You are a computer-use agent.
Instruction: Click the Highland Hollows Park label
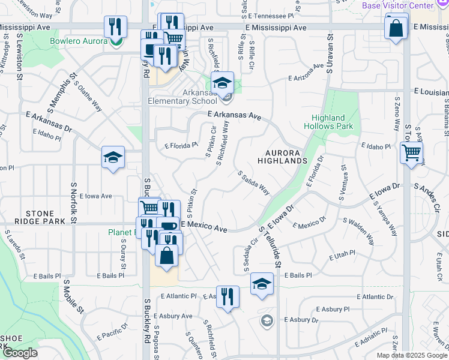tap(328, 122)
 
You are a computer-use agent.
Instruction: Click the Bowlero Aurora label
tap(83, 41)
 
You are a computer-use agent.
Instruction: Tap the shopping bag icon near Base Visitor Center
tap(396, 28)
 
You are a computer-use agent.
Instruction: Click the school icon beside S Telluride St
tap(262, 284)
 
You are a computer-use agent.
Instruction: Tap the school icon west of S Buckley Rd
tap(113, 157)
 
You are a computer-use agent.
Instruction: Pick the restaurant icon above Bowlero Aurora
tap(115, 26)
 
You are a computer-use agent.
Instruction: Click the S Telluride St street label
tap(268, 246)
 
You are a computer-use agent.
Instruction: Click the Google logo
tap(20, 353)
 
